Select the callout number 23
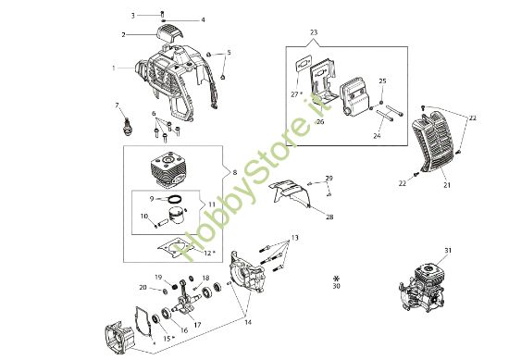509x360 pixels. click(314, 32)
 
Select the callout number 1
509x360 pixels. click(114, 68)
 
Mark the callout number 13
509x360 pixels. click(294, 237)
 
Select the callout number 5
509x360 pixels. click(230, 52)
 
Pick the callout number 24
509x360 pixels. click(377, 135)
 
